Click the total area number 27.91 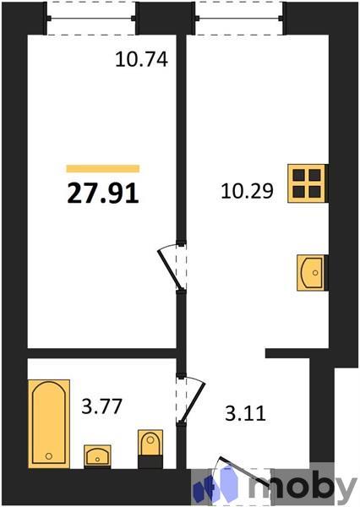click(102, 193)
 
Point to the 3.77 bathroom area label click(100, 407)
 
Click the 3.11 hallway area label click(247, 415)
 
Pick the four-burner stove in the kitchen click(308, 183)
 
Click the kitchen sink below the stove click(312, 271)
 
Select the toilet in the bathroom click(150, 447)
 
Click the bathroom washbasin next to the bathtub click(98, 455)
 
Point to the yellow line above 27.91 click(102, 169)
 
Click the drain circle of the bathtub click(49, 455)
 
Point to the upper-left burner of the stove click(301, 175)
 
